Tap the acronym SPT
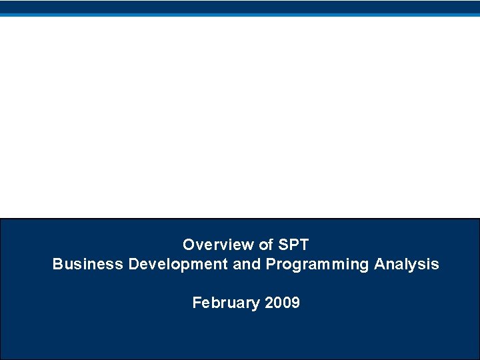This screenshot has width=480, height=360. pyautogui.click(x=293, y=245)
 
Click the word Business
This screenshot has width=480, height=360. pyautogui.click(x=88, y=264)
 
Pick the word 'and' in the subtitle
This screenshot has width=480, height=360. pyautogui.click(x=247, y=264)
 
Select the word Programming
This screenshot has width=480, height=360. pyautogui.click(x=317, y=265)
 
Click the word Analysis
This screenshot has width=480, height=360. pyautogui.click(x=406, y=264)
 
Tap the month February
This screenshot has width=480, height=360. pyautogui.click(x=226, y=303)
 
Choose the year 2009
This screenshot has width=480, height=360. pyautogui.click(x=283, y=303)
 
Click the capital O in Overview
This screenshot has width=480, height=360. pyautogui.click(x=189, y=245)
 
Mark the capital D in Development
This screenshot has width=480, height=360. pyautogui.click(x=133, y=264)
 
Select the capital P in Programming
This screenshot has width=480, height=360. pyautogui.click(x=270, y=264)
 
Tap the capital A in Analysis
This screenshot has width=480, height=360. pyautogui.click(x=379, y=264)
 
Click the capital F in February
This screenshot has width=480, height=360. pyautogui.click(x=197, y=303)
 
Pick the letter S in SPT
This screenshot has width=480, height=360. pyautogui.click(x=283, y=245)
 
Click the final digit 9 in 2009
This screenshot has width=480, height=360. pyautogui.click(x=295, y=303)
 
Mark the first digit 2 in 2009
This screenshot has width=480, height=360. pyautogui.click(x=269, y=303)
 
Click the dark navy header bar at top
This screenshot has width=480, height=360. pyautogui.click(x=240, y=7)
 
